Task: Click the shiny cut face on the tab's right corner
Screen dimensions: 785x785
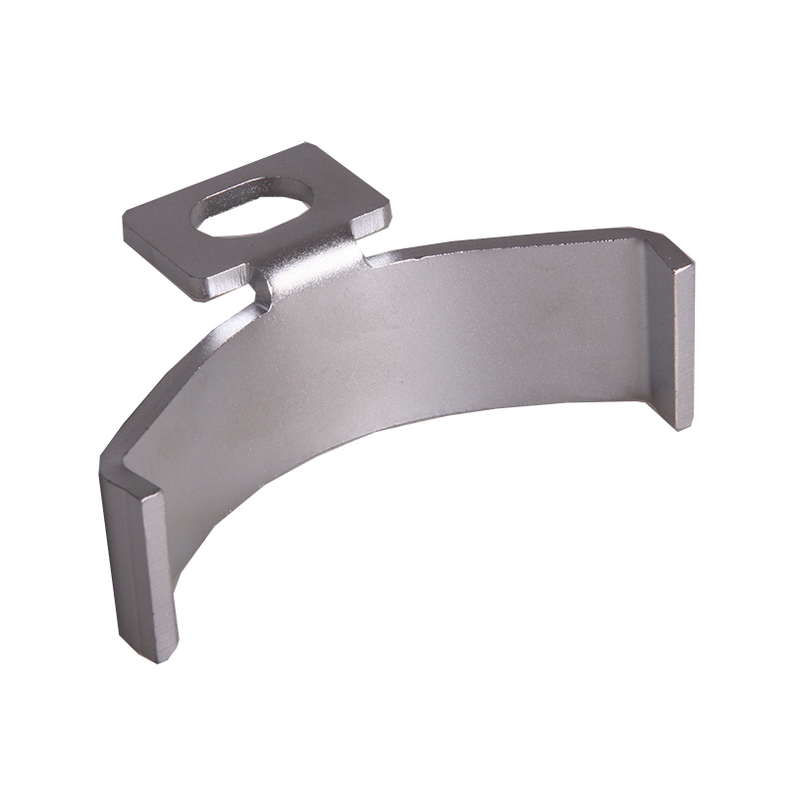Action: [372, 224]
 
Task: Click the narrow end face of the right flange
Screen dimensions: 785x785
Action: [684, 343]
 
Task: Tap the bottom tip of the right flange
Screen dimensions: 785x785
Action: [683, 428]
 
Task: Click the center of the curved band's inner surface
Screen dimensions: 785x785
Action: [412, 343]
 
